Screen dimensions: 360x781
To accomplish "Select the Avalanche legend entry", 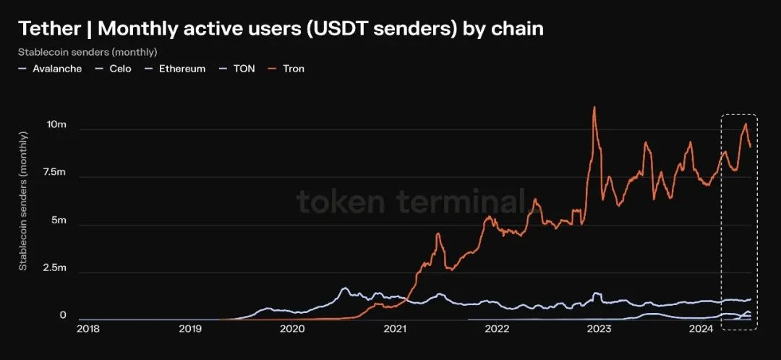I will click(x=56, y=69).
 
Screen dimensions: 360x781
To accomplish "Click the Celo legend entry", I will click(x=120, y=69).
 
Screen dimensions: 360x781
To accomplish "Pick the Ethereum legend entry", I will click(x=182, y=69).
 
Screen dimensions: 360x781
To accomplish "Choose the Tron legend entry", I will click(x=293, y=69).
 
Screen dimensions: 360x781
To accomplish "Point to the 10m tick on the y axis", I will click(x=56, y=125).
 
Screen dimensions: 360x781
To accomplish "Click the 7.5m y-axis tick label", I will click(x=54, y=173).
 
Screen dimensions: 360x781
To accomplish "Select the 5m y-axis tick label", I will click(x=58, y=220).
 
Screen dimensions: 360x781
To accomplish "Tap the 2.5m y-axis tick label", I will click(x=54, y=268).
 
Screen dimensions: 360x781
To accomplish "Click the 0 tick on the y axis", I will click(x=63, y=316).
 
